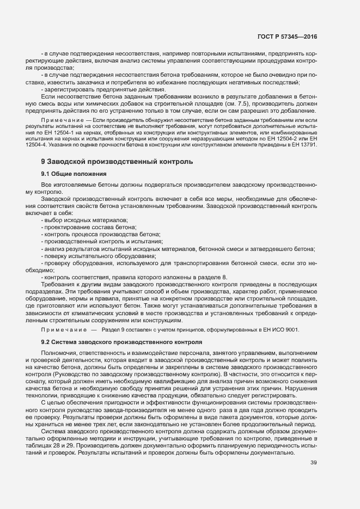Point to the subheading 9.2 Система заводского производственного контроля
coord(120,342)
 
